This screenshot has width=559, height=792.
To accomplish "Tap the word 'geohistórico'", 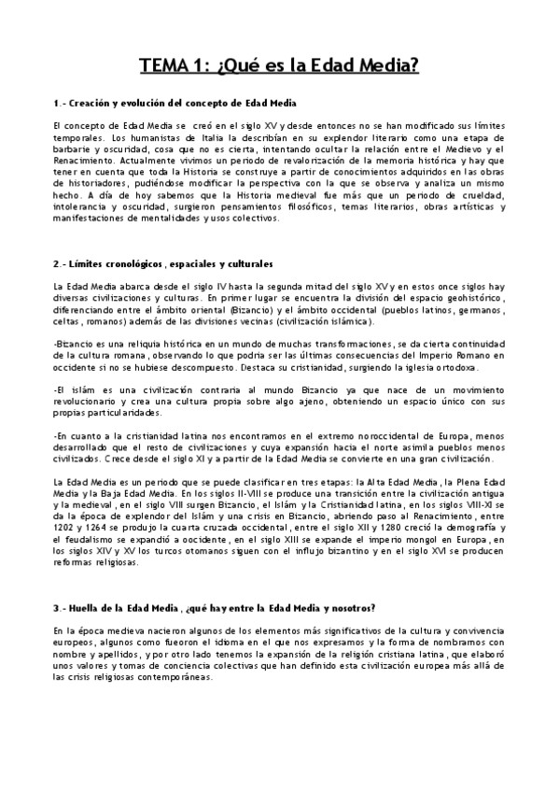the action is pos(467,298).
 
